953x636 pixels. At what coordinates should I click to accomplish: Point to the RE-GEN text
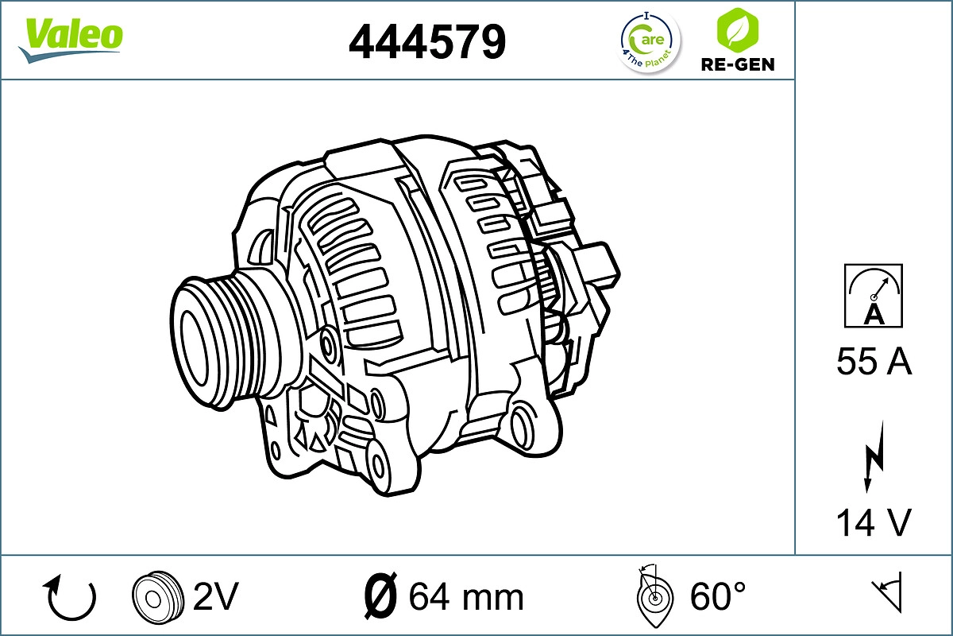tap(736, 64)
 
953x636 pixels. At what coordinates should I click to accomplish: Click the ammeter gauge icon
tap(874, 295)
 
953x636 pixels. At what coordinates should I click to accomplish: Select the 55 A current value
tap(874, 363)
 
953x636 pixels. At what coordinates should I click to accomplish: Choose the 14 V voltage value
tap(874, 522)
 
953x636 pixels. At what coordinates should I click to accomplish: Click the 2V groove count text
tap(216, 595)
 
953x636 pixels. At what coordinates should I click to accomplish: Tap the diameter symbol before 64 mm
tap(380, 595)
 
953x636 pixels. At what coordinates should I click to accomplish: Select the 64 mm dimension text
tap(466, 596)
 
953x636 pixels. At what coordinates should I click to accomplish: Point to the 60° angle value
tap(717, 595)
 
